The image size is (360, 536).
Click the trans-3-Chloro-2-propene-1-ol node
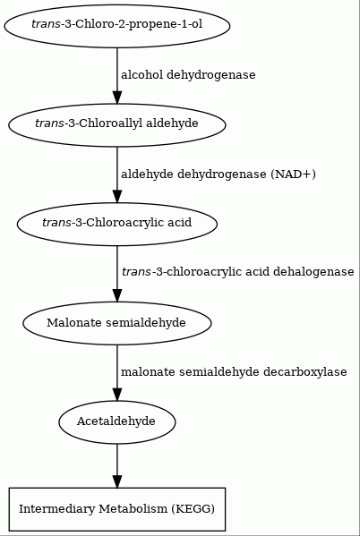[x=117, y=26]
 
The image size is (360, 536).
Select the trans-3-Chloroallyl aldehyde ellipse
[x=117, y=125]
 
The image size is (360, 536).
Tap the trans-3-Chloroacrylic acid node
[x=117, y=225]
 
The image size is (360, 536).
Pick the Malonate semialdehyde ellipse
[x=117, y=323]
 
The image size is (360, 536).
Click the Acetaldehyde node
[x=117, y=422]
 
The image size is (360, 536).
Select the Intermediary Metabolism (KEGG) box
[x=117, y=509]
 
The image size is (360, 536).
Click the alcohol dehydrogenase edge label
[x=188, y=75]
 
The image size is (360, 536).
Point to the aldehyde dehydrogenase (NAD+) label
[x=218, y=174]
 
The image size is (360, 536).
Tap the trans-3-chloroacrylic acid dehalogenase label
[x=238, y=272]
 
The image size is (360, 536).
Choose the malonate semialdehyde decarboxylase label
[x=234, y=372]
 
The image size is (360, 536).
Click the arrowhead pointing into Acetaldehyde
[x=117, y=395]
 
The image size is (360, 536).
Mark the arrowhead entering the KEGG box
[x=117, y=481]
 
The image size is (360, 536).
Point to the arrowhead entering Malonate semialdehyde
[x=117, y=295]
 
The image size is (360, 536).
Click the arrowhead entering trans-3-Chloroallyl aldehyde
[x=117, y=98]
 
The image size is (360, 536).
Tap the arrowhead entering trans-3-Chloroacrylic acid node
[x=117, y=197]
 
